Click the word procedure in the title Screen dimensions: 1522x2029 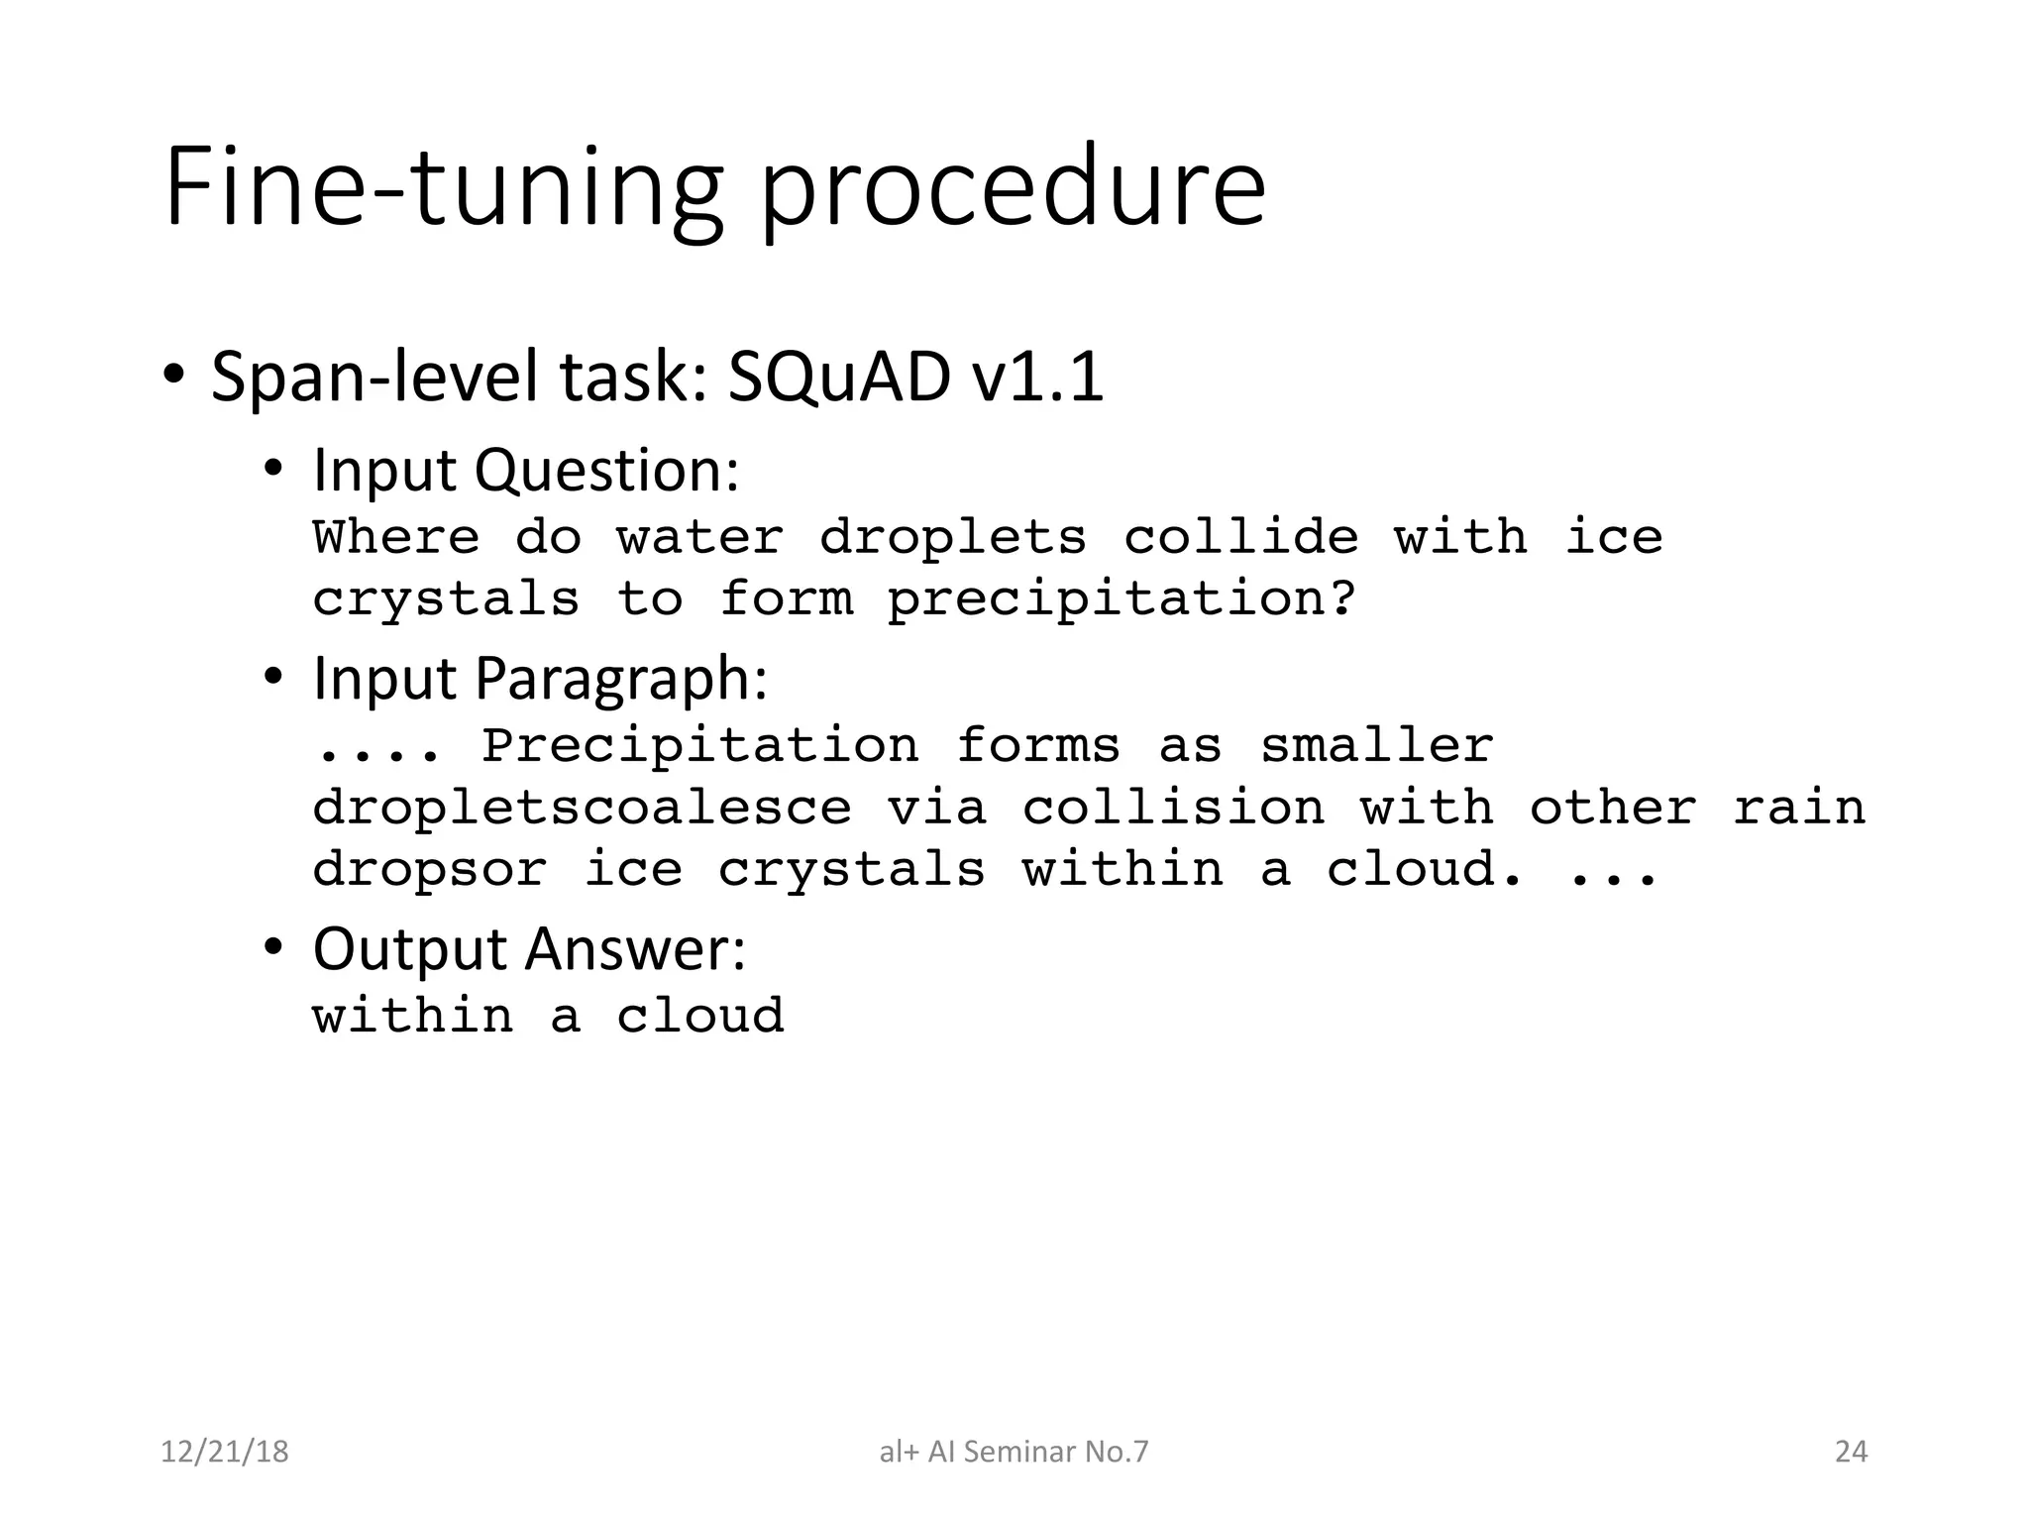tap(1013, 188)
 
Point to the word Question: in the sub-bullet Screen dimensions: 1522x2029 tap(606, 470)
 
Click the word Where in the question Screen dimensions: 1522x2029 tap(396, 538)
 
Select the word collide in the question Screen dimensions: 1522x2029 tap(1240, 538)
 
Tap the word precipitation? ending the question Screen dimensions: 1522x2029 tap(1121, 599)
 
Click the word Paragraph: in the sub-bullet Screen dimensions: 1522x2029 tap(621, 679)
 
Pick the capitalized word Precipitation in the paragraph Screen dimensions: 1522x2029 tap(700, 746)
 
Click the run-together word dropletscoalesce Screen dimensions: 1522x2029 tap(582, 809)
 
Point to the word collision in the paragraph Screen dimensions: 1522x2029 tap(1173, 809)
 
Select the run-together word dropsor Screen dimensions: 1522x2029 tap(429, 870)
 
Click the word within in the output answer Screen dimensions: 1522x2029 tap(413, 1017)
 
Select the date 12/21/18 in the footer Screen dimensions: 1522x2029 tap(225, 1452)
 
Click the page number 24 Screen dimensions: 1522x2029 tap(1851, 1452)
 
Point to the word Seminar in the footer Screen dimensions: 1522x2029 tap(1019, 1452)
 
